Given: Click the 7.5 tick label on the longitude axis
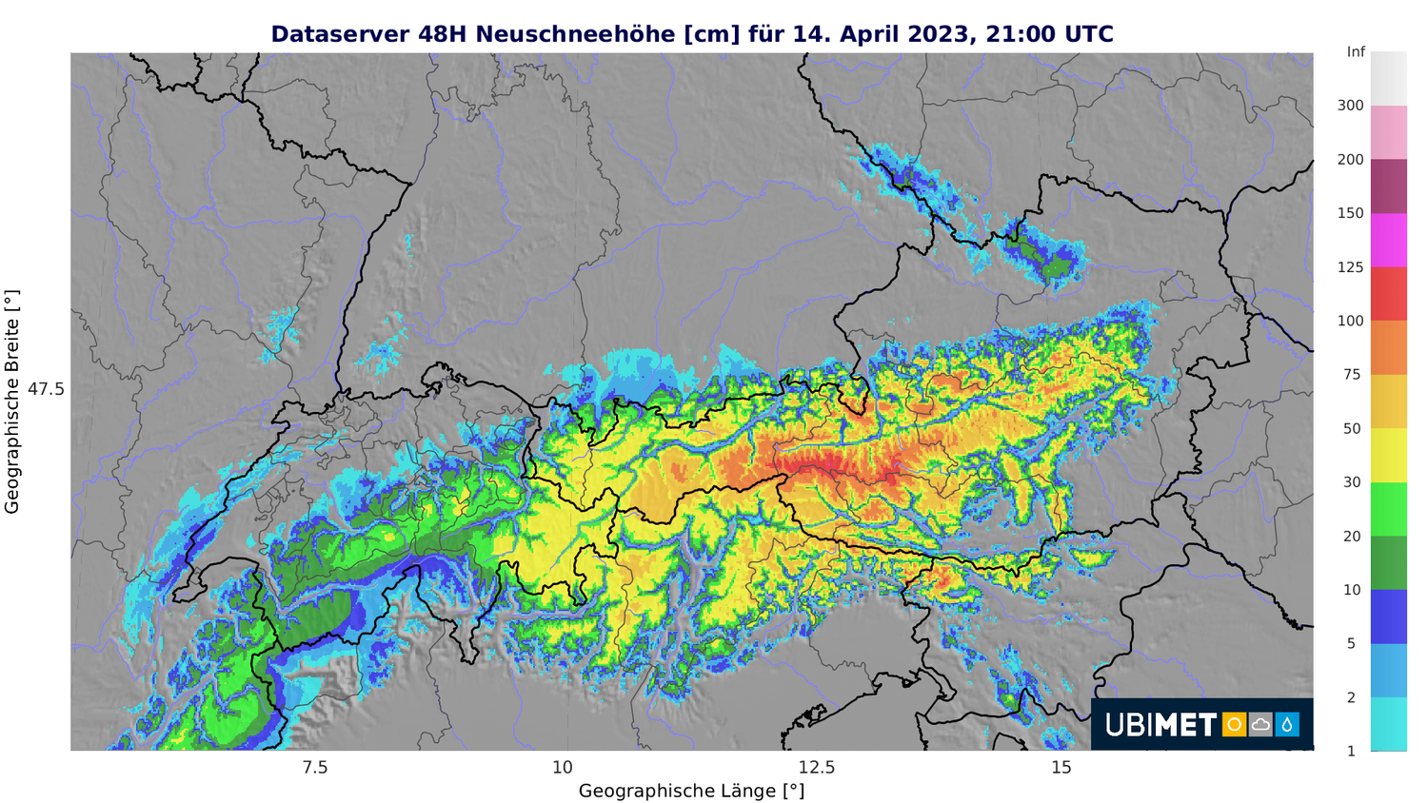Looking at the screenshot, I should point(314,768).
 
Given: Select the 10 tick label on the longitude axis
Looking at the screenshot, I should point(563,768).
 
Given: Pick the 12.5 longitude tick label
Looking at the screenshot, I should point(816,768).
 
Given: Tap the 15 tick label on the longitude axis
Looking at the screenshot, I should point(1061,768).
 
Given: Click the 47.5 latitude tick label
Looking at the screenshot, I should point(46,389).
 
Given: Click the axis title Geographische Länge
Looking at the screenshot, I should point(691,791).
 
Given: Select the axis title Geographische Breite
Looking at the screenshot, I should point(12,402).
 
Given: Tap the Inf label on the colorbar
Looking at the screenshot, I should point(1356,52).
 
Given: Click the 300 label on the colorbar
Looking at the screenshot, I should point(1351,106).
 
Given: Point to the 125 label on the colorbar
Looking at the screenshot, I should point(1351,267).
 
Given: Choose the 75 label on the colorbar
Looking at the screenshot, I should point(1352,375).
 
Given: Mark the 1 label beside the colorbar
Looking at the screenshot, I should point(1351,751).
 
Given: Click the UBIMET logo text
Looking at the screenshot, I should point(1160,725).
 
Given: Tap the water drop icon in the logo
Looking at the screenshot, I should point(1287,725).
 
